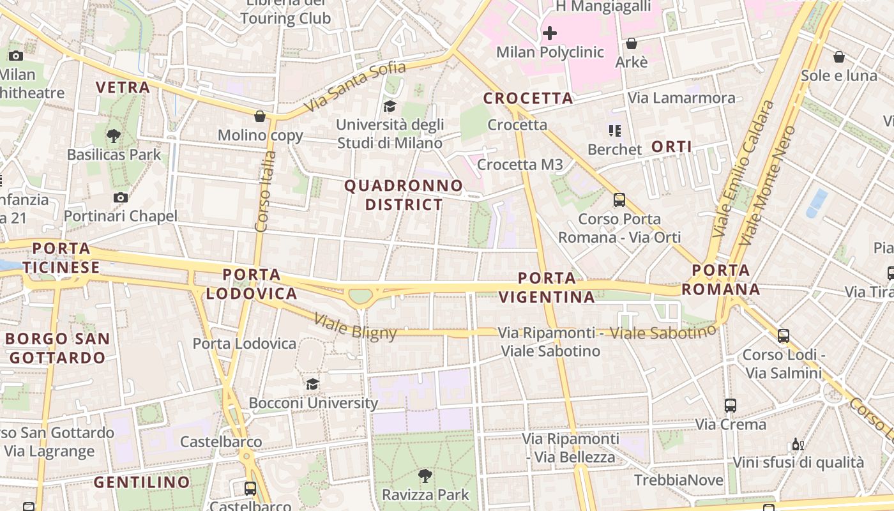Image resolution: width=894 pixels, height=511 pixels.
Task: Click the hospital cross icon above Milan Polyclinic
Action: point(550,33)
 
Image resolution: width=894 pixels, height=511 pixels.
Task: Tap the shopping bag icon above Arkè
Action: point(632,43)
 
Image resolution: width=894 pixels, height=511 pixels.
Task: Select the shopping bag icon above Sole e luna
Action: point(839,57)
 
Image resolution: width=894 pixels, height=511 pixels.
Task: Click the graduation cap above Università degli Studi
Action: point(390,106)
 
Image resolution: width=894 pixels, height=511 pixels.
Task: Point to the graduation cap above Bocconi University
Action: point(312,384)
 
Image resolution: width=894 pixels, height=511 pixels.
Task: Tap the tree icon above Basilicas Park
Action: point(114,135)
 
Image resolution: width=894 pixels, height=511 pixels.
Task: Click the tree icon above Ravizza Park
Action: point(425,475)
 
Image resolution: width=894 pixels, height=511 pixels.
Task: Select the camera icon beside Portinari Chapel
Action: point(120,197)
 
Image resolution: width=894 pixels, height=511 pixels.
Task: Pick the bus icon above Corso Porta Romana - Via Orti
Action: point(619,200)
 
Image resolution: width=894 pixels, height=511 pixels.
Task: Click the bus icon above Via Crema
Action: point(731,405)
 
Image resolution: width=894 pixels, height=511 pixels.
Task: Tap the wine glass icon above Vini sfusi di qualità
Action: point(798,444)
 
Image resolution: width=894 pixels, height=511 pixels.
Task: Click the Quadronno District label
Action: point(404,195)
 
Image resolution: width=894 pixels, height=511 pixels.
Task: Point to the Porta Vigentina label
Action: point(547,287)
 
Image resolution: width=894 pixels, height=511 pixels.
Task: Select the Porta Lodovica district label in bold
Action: point(252,284)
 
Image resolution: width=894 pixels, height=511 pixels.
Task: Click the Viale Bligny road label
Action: point(356,326)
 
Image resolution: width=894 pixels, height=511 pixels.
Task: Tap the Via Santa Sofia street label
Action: point(355,86)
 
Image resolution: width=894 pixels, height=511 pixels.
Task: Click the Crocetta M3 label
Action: point(520,165)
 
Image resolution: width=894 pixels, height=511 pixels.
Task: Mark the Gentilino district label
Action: point(142,482)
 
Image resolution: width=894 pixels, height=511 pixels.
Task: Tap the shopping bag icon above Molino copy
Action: point(260,116)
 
